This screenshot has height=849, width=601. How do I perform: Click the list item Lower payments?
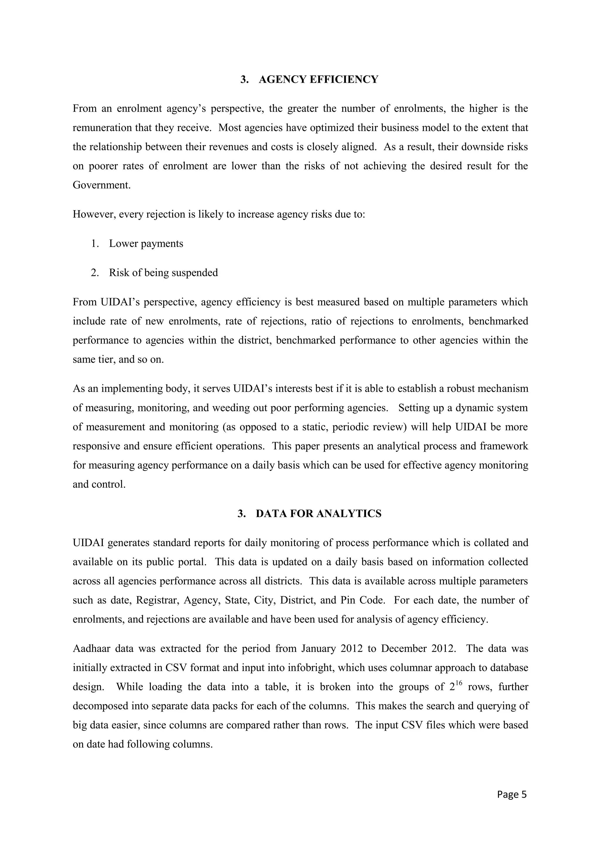(146, 244)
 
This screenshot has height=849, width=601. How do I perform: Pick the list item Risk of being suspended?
(163, 273)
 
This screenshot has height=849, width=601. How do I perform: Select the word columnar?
(398, 668)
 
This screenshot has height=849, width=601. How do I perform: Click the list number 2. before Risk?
(95, 273)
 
